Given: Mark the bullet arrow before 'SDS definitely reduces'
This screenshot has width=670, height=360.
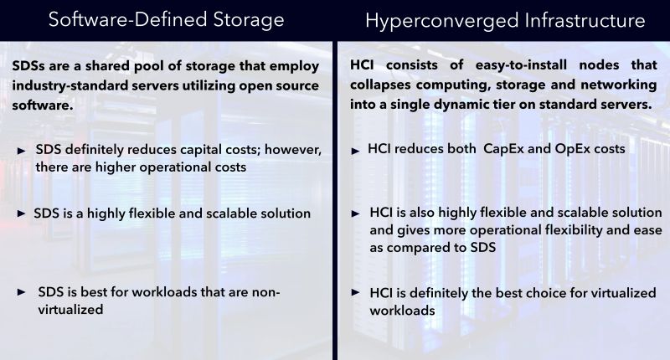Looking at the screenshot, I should click(x=22, y=150).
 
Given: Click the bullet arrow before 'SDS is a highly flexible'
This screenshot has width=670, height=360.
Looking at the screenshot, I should click(x=22, y=213).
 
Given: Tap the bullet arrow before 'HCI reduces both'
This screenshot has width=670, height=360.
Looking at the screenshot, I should click(x=356, y=150).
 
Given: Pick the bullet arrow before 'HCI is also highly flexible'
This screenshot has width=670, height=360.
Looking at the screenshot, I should click(x=356, y=213).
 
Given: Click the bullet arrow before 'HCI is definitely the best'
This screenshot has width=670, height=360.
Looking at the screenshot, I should click(x=356, y=293).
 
